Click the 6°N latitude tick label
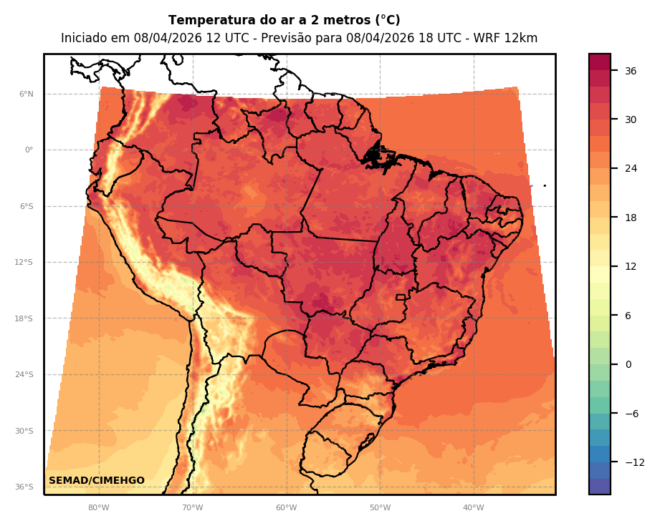27,94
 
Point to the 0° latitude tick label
29,150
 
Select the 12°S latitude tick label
24,263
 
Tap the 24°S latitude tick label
24,375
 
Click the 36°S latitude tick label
24,487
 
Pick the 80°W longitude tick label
99,508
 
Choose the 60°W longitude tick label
287,508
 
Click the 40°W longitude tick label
474,508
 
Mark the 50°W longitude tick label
381,508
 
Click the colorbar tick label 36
631,71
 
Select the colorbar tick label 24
631,169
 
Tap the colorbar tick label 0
628,365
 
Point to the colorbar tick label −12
635,463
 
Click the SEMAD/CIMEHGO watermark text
97,481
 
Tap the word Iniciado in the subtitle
84,39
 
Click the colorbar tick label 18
631,218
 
